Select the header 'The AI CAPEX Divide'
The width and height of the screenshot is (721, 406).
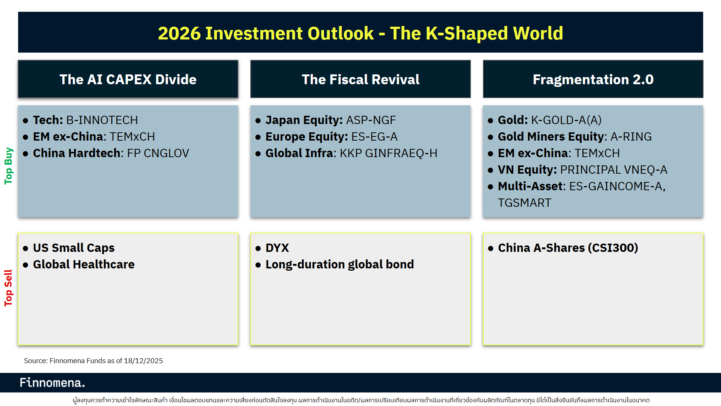[128, 79]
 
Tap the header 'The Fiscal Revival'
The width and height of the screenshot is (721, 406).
[360, 79]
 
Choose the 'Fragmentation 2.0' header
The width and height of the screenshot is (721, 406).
[593, 79]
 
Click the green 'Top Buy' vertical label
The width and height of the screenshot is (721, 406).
[8, 166]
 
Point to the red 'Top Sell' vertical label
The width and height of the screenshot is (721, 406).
[8, 288]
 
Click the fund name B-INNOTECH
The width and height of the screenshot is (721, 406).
[102, 120]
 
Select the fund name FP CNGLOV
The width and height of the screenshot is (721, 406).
[158, 153]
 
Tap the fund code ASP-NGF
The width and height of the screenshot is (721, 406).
[371, 120]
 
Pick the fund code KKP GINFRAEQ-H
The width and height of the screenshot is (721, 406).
[388, 153]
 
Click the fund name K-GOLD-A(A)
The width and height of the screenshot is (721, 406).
[566, 120]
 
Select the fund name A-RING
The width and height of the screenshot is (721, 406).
[631, 137]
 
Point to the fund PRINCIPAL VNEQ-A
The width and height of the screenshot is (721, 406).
[613, 170]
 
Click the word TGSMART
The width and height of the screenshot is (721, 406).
[524, 203]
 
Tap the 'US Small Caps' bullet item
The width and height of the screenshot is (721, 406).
[74, 248]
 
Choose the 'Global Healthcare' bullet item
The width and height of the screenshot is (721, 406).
[83, 265]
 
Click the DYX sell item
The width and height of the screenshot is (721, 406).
[277, 248]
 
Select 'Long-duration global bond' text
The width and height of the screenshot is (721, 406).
[339, 265]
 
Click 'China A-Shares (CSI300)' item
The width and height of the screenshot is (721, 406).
[567, 248]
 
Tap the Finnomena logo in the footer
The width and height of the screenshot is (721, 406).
[52, 383]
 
